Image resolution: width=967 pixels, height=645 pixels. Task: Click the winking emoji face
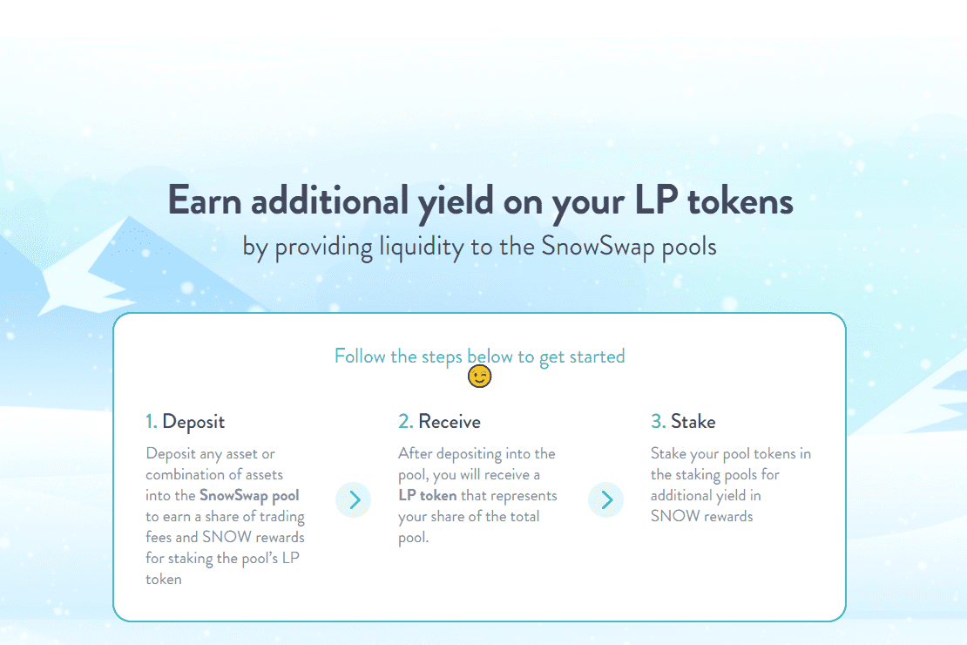tap(480, 377)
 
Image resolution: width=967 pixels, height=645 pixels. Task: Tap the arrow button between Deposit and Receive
tap(354, 499)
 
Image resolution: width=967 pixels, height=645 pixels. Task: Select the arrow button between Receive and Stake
tap(606, 499)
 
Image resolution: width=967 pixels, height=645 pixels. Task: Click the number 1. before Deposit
tap(151, 422)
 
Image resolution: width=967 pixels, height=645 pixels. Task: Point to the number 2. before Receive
tap(405, 422)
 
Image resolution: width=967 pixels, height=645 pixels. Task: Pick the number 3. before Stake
tap(658, 422)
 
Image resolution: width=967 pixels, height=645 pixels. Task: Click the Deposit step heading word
tap(193, 422)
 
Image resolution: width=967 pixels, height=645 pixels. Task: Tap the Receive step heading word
tap(450, 422)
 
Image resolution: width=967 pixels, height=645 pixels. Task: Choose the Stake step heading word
tap(693, 422)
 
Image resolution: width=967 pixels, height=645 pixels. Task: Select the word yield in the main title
tap(450, 202)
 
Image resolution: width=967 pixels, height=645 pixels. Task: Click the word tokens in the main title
tap(740, 200)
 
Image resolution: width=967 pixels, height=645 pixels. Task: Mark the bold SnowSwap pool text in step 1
tap(249, 496)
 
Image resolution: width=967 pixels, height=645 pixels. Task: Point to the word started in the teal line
tap(597, 356)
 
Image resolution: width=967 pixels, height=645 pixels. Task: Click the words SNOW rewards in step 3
tap(701, 516)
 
